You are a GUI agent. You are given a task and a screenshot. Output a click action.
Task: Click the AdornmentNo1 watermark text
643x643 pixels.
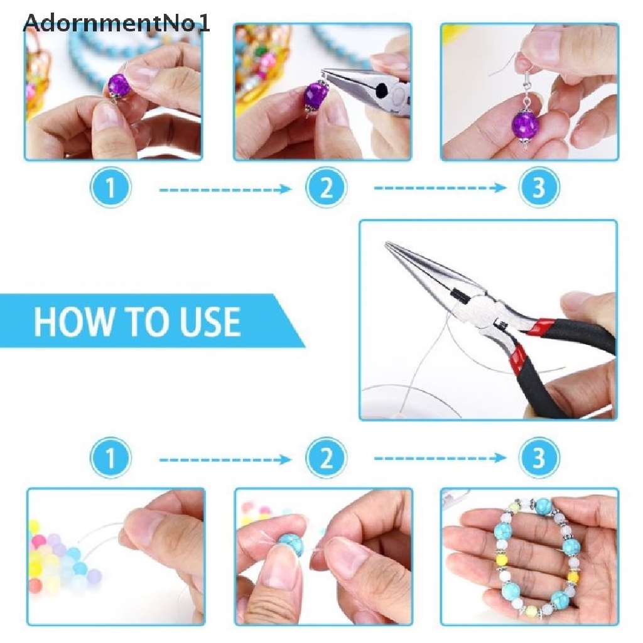[x=117, y=23]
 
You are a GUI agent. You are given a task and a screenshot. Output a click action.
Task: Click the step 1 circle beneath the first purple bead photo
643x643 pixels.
[x=111, y=187]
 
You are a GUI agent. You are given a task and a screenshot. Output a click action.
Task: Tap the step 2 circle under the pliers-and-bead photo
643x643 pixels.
[x=326, y=187]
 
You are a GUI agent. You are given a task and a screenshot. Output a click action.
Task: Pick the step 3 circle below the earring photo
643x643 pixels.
[x=539, y=187]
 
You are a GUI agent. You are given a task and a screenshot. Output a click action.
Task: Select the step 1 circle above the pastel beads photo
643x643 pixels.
[x=111, y=458]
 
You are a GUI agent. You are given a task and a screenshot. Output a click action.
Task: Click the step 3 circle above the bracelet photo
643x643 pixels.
[x=539, y=458]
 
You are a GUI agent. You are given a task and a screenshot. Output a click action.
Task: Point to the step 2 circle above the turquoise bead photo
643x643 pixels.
[x=326, y=458]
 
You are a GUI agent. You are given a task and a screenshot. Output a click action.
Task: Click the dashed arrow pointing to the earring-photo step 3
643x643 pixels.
[x=440, y=188]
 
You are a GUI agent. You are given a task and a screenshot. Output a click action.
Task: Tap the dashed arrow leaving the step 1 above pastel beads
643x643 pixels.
[x=225, y=459]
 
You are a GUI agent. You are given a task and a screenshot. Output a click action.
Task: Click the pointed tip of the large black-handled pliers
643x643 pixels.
[x=386, y=243]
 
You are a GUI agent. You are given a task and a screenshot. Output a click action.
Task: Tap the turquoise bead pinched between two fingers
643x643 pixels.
[x=291, y=544]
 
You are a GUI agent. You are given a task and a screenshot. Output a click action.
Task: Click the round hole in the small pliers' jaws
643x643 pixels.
[x=382, y=89]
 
